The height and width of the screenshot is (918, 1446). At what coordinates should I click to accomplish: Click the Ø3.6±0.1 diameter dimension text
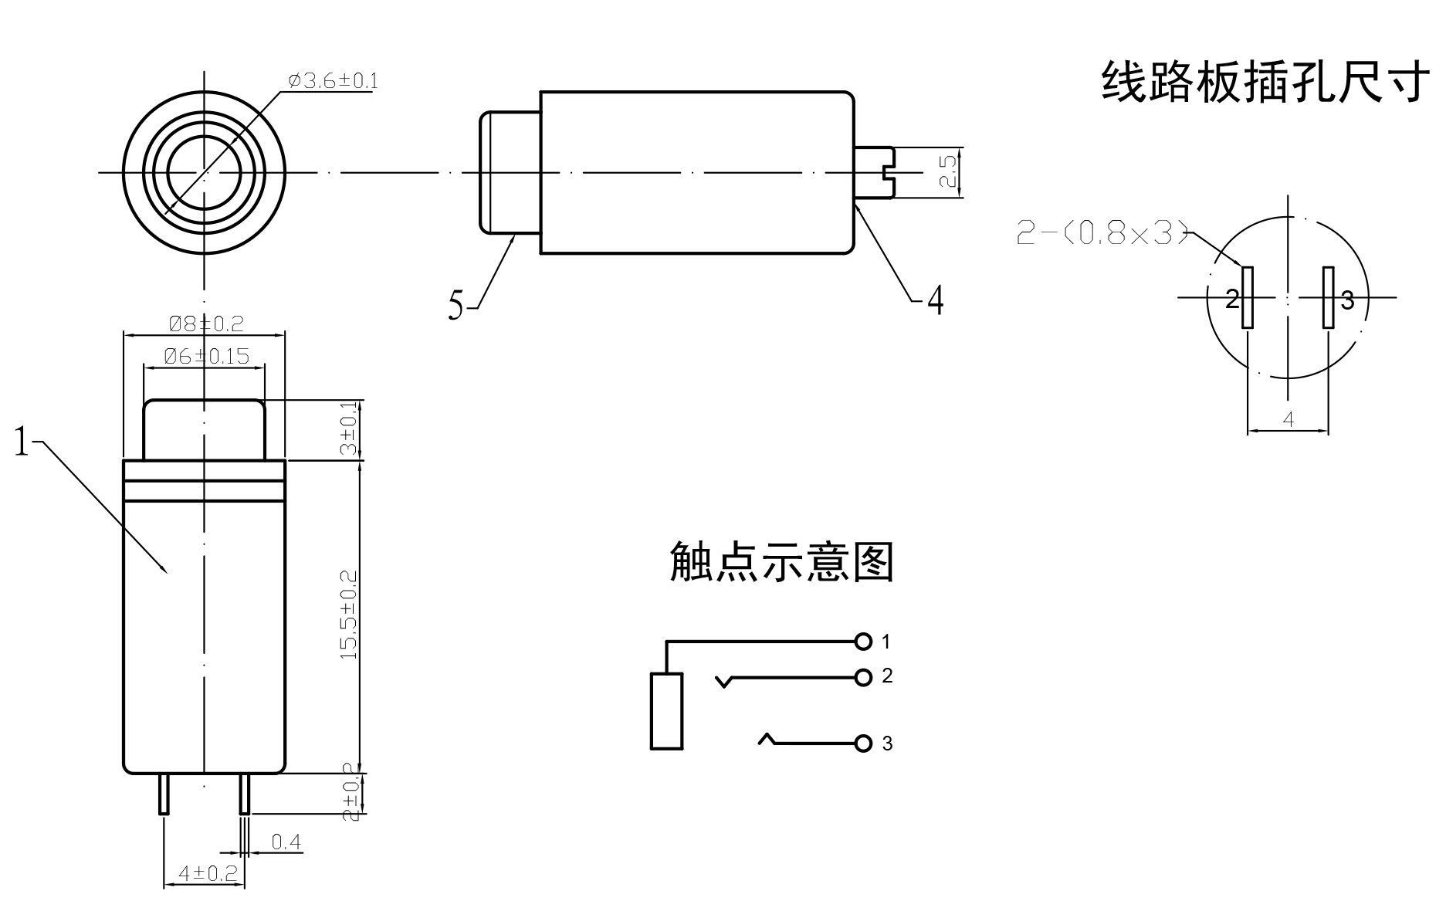333,81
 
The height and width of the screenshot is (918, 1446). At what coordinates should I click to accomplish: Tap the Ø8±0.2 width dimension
206,324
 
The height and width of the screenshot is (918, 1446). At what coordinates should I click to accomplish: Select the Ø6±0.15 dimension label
207,356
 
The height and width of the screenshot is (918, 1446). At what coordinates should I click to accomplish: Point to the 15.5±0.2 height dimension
349,615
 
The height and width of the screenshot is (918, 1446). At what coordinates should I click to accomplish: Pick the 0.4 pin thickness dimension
286,842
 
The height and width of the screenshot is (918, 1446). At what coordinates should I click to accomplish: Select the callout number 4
935,300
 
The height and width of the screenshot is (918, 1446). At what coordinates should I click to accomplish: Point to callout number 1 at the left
22,442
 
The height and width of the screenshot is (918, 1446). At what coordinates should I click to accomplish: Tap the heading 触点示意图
781,562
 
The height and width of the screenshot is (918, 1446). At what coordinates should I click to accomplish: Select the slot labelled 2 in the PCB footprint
1247,298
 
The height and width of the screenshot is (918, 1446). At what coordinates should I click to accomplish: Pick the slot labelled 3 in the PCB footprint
1329,298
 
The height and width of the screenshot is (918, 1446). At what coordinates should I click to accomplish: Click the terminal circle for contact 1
863,642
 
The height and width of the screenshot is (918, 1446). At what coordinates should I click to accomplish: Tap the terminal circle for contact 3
863,744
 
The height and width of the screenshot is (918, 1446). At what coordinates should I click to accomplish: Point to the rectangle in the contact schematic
666,711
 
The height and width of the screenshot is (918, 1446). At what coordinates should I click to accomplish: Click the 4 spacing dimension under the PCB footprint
1288,420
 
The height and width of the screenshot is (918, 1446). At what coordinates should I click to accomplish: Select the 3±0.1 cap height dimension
349,429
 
